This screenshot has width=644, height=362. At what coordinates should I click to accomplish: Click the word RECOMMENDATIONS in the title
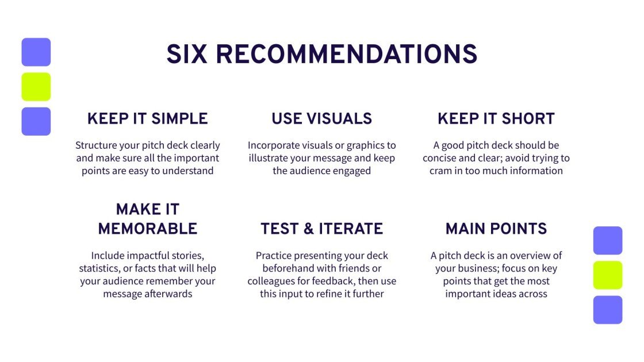click(347, 55)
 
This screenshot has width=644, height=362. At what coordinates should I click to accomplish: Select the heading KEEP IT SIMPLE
click(148, 119)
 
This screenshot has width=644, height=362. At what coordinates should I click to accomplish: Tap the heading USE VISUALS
click(322, 119)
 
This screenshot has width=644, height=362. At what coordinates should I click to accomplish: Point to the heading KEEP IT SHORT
click(496, 119)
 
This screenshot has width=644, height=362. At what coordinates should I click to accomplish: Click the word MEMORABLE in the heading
click(148, 229)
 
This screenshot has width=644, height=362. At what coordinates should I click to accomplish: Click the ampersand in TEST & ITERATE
click(308, 229)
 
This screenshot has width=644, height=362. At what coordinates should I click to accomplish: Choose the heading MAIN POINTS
click(496, 229)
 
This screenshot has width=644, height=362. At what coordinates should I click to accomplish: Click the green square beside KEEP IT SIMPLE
click(36, 87)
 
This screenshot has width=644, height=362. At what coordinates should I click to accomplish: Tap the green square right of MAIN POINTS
click(608, 275)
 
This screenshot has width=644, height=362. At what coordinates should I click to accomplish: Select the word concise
click(441, 158)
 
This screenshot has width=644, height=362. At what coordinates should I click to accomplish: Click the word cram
click(440, 171)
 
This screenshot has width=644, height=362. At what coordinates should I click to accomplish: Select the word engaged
click(351, 171)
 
